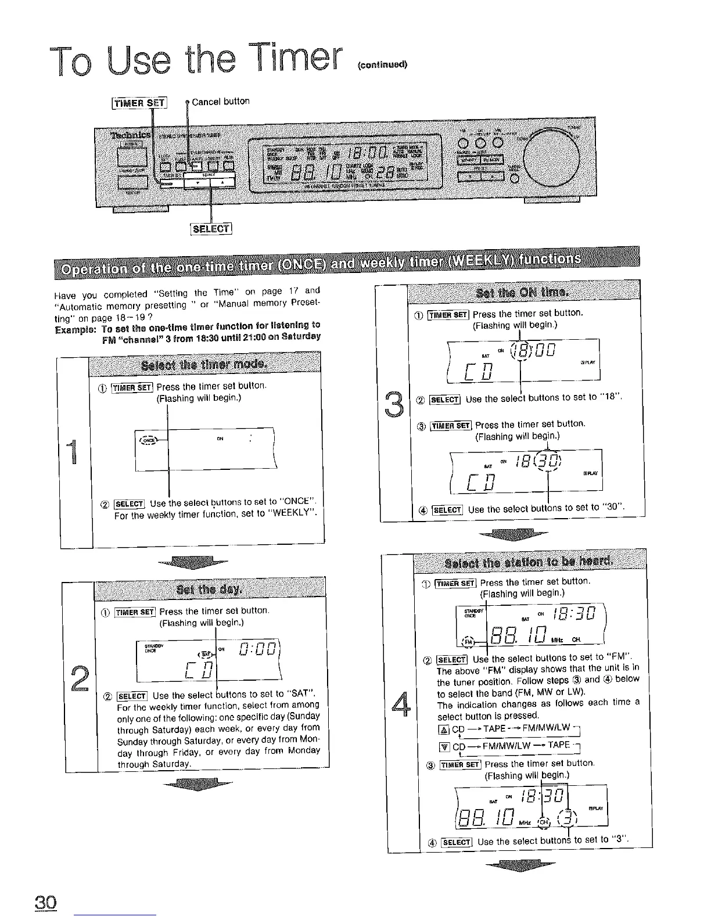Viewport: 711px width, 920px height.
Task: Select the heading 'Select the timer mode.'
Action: click(x=204, y=365)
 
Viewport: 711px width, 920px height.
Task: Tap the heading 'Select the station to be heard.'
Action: click(x=527, y=562)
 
